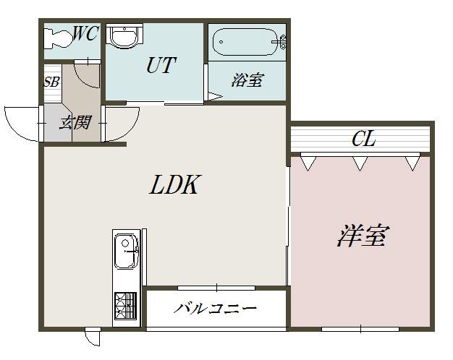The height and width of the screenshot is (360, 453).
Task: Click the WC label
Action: click(x=85, y=34)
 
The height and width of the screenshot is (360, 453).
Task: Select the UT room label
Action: click(x=161, y=65)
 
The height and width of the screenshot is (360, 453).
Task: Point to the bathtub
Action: click(x=246, y=43)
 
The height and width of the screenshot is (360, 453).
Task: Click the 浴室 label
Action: click(x=246, y=80)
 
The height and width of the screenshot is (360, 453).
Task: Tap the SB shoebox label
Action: click(x=51, y=82)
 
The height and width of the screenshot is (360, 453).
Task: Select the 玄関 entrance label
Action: click(x=74, y=122)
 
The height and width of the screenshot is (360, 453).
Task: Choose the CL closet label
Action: click(x=363, y=139)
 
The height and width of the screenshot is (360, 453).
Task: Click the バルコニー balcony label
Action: click(x=216, y=309)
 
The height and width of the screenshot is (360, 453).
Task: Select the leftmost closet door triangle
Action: click(x=308, y=163)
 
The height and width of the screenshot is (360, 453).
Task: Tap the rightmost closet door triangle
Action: click(x=412, y=163)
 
